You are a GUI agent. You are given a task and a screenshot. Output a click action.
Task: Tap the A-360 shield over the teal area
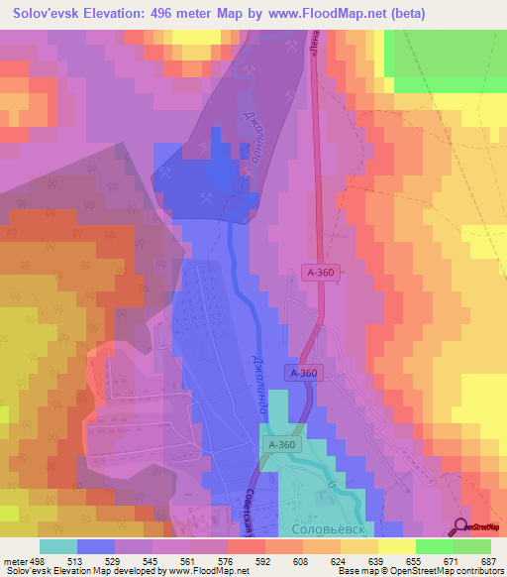[281, 446]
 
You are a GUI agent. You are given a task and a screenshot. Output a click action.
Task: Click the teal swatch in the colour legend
[58, 546]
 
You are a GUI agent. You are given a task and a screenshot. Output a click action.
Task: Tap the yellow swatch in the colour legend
[397, 546]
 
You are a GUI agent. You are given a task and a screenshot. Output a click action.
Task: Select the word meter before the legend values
[15, 561]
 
